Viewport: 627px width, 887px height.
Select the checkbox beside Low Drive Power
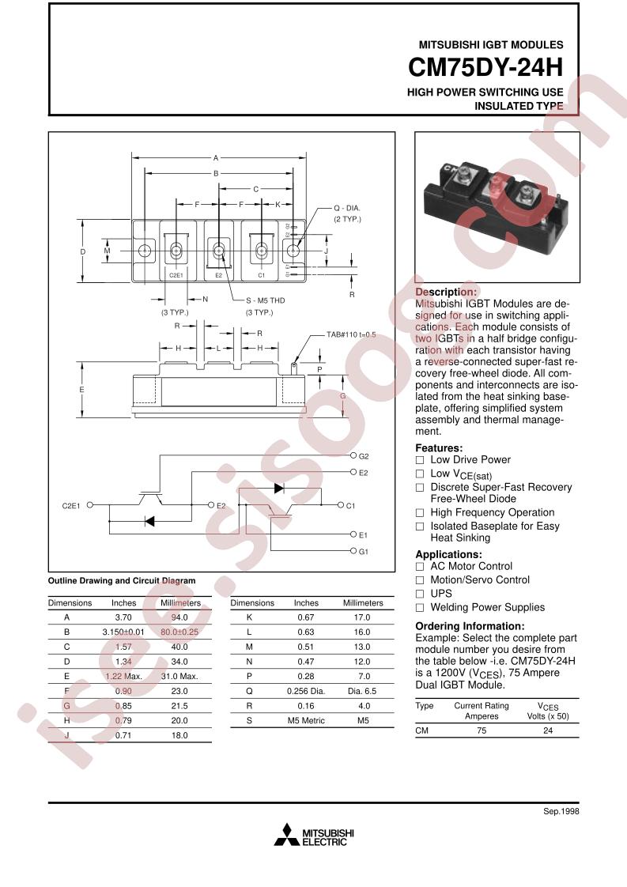(421, 460)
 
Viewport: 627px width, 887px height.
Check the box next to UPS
(421, 594)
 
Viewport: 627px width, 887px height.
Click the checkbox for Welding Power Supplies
(421, 608)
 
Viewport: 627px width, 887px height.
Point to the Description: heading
(446, 292)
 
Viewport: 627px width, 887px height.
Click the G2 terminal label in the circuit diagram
(364, 457)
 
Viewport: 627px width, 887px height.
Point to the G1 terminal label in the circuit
(364, 551)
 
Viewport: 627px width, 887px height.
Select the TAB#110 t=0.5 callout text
(351, 335)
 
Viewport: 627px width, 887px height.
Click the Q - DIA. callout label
(346, 208)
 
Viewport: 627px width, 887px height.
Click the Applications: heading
(448, 555)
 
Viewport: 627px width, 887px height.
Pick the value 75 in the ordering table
(482, 731)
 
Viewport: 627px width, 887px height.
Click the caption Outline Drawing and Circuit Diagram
(122, 580)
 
